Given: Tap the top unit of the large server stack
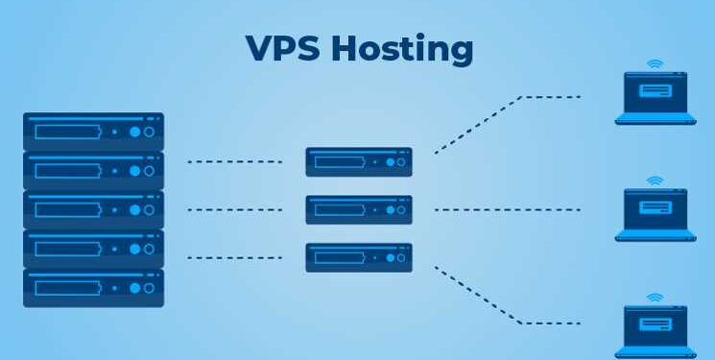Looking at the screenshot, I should (94, 131).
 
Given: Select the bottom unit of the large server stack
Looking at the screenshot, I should (94, 287).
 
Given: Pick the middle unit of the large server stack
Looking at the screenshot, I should (94, 209).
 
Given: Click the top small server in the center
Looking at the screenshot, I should (359, 161).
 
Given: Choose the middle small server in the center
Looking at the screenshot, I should (359, 209).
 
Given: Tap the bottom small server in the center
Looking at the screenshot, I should (359, 257).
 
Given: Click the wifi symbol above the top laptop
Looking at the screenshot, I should (655, 64).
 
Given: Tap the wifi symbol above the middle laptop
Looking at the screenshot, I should (655, 180).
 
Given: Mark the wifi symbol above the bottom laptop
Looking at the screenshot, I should (655, 298).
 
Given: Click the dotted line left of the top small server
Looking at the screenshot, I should (234, 161).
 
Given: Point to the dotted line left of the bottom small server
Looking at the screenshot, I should (234, 257).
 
